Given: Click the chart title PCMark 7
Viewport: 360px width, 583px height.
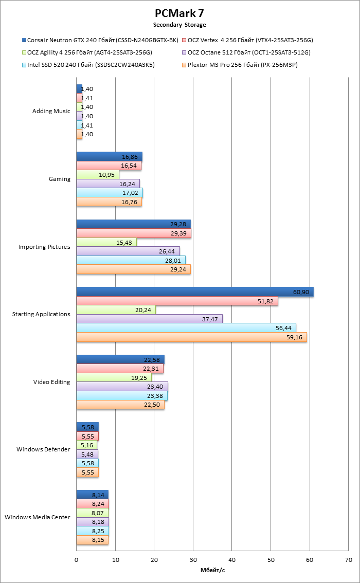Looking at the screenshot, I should coord(179,13).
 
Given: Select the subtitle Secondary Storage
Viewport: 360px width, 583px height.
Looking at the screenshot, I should coord(179,25).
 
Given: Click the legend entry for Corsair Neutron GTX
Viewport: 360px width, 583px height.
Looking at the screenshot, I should coord(100,40).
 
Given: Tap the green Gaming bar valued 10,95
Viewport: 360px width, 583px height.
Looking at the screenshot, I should coord(98,174).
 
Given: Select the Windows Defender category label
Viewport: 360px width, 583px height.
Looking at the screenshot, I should coord(43,449).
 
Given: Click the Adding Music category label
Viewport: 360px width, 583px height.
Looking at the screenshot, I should coord(51,111).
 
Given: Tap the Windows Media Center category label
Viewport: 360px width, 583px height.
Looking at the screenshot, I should coord(37,517).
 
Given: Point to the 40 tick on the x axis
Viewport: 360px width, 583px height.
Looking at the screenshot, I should coord(232,560).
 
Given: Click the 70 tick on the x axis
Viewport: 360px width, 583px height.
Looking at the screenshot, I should coord(349,560).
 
